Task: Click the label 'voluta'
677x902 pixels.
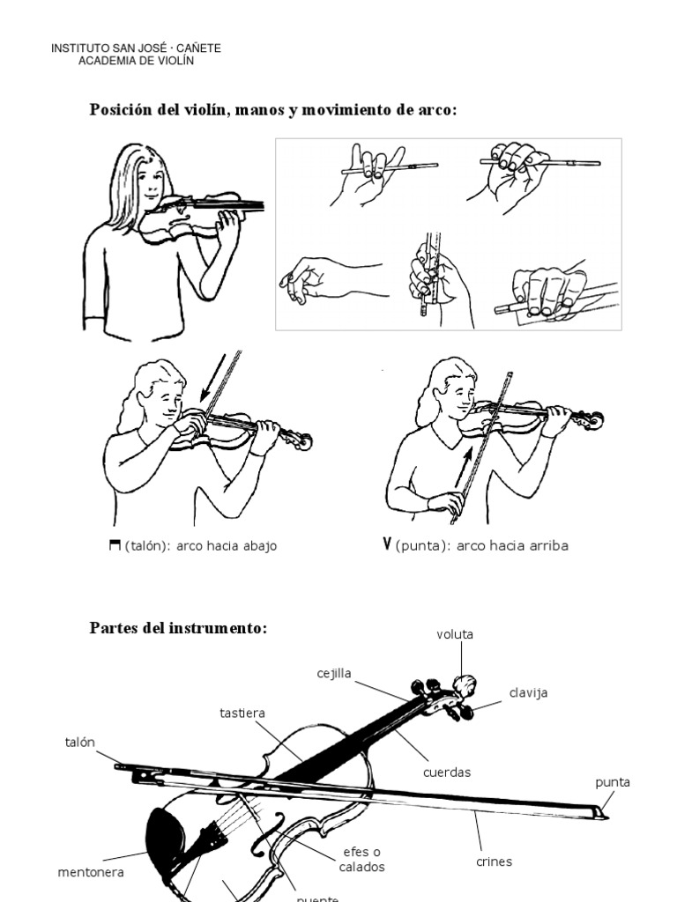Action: [x=454, y=634]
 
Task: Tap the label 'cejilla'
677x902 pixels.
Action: [x=334, y=673]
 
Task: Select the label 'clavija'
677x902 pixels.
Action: [x=528, y=692]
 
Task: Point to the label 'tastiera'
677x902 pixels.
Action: [x=242, y=712]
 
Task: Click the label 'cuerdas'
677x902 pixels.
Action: [x=447, y=772]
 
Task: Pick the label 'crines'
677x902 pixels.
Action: [x=494, y=861]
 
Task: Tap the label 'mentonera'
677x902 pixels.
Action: [x=91, y=872]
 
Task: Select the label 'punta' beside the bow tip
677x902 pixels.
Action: [x=613, y=782]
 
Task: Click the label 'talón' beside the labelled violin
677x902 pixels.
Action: [x=78, y=742]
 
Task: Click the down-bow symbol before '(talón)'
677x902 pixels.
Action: [x=114, y=545]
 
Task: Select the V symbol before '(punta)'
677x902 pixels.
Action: [x=387, y=543]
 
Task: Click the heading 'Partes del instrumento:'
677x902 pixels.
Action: [x=177, y=628]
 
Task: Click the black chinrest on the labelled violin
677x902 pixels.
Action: [x=165, y=836]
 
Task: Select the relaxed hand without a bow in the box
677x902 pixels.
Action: [x=317, y=279]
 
